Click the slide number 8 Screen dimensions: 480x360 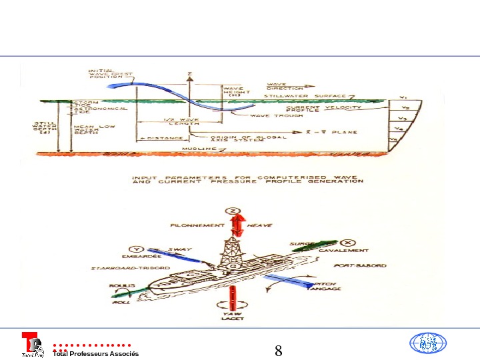[x=279, y=351]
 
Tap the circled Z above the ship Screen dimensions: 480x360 [x=233, y=211]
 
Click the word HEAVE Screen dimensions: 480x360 [x=259, y=225]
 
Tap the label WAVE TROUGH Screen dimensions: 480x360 [x=268, y=116]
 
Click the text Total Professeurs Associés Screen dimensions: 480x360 [x=95, y=353]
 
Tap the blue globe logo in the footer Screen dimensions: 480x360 [x=427, y=343]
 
